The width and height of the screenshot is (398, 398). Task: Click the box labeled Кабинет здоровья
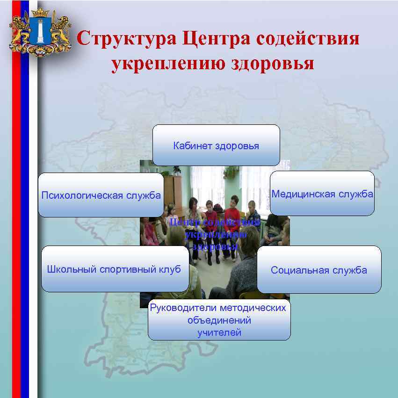click(216, 145)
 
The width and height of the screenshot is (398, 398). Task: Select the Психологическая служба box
click(101, 195)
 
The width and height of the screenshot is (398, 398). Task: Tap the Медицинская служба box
click(322, 193)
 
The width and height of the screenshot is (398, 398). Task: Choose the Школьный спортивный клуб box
click(115, 269)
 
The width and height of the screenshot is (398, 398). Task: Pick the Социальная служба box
click(319, 270)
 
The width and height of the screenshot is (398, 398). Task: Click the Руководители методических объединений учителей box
click(219, 320)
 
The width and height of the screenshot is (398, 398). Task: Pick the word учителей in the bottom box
click(219, 333)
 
